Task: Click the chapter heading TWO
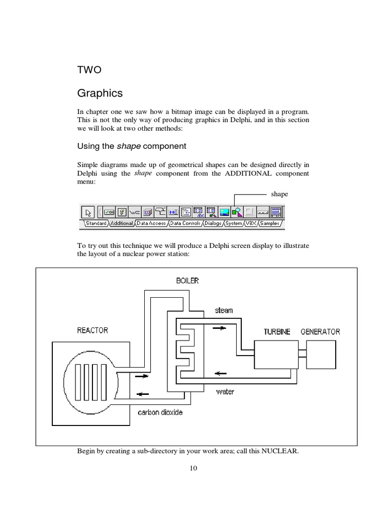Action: pyautogui.click(x=89, y=70)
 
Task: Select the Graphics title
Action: pyautogui.click(x=100, y=94)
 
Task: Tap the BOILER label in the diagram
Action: pyautogui.click(x=187, y=281)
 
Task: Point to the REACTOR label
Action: pyautogui.click(x=92, y=330)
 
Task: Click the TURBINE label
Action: pyautogui.click(x=277, y=331)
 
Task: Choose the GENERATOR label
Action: pyautogui.click(x=320, y=331)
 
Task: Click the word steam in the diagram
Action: pyautogui.click(x=224, y=310)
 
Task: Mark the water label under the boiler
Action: pyautogui.click(x=225, y=391)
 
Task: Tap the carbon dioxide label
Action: pyautogui.click(x=160, y=412)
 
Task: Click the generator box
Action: pyautogui.click(x=321, y=356)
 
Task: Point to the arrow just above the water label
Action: pyautogui.click(x=220, y=374)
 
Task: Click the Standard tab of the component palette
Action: pyautogui.click(x=95, y=223)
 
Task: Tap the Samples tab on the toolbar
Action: pyautogui.click(x=269, y=223)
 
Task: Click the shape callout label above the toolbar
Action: pyautogui.click(x=279, y=194)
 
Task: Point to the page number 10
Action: pyautogui.click(x=194, y=468)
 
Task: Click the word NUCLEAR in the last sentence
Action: pyautogui.click(x=280, y=451)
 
